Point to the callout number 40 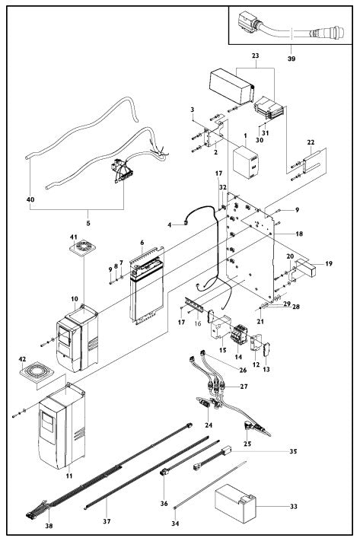(x=31, y=200)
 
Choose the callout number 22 (x=311, y=143)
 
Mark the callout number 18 (x=298, y=235)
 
